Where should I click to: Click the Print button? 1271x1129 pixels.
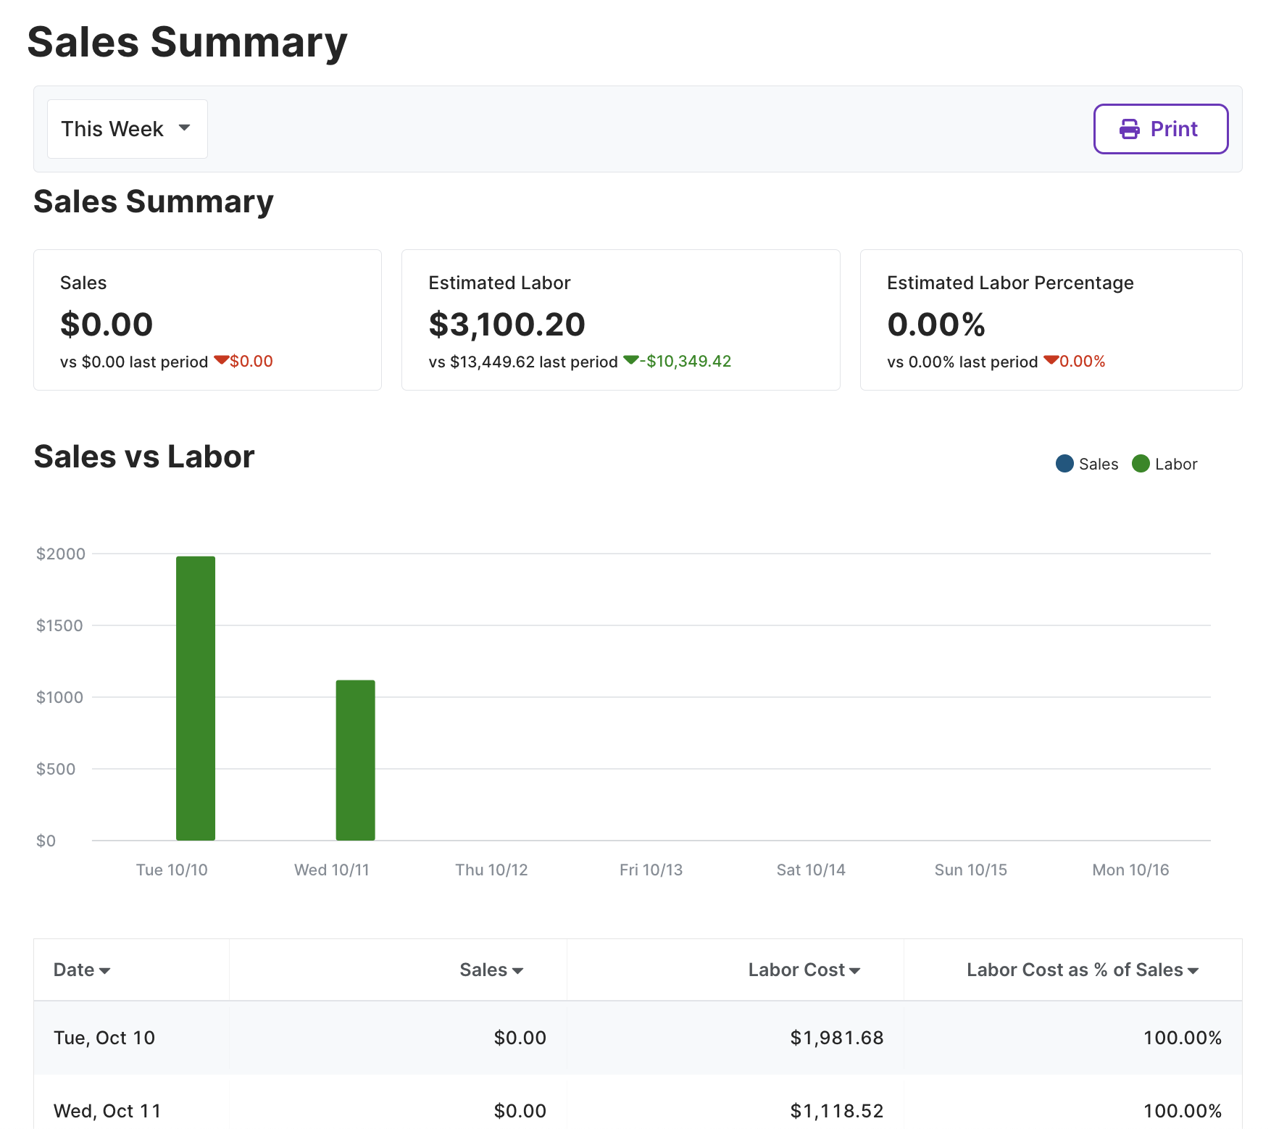tap(1160, 129)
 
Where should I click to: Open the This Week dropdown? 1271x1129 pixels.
tap(128, 129)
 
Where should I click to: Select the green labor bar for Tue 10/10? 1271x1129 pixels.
tap(196, 699)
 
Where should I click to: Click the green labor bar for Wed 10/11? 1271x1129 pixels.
tap(355, 760)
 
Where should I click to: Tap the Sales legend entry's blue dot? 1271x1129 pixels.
tap(1064, 464)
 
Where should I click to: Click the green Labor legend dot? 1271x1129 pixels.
tap(1141, 464)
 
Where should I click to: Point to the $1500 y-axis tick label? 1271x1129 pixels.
tap(59, 625)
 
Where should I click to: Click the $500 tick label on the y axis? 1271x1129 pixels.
tap(56, 769)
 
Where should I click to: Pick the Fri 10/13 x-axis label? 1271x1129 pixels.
tap(651, 870)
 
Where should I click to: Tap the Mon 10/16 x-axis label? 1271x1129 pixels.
tap(1130, 870)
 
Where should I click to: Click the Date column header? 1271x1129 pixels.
tap(82, 970)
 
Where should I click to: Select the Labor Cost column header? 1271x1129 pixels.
tap(804, 970)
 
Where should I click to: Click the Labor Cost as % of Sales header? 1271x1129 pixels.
tap(1083, 970)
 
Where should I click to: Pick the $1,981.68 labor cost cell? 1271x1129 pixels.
tap(837, 1038)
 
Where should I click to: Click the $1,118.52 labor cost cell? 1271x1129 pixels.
tap(837, 1111)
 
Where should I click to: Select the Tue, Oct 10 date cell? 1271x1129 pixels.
tap(104, 1038)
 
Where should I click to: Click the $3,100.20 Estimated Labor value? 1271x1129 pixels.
tap(507, 324)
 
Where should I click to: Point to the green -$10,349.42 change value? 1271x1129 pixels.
tap(685, 361)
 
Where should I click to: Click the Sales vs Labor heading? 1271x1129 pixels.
tap(144, 457)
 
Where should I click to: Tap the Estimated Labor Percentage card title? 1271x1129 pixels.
tap(1010, 283)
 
